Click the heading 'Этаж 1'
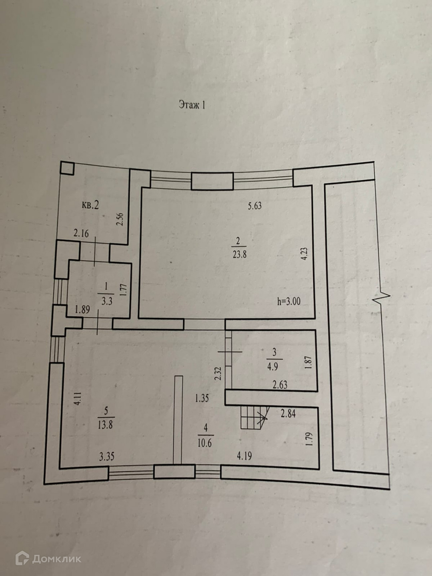[192, 105]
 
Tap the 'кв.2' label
[90, 205]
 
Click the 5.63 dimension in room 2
[254, 206]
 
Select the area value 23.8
[239, 254]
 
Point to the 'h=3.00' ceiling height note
[288, 301]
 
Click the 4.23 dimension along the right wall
[304, 254]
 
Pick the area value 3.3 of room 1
[106, 301]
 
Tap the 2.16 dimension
[81, 233]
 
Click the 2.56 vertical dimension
[120, 219]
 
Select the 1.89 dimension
[82, 309]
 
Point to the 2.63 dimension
[280, 385]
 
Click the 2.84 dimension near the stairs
[288, 413]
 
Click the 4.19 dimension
[244, 455]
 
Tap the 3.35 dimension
[107, 457]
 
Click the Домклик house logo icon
[22, 558]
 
